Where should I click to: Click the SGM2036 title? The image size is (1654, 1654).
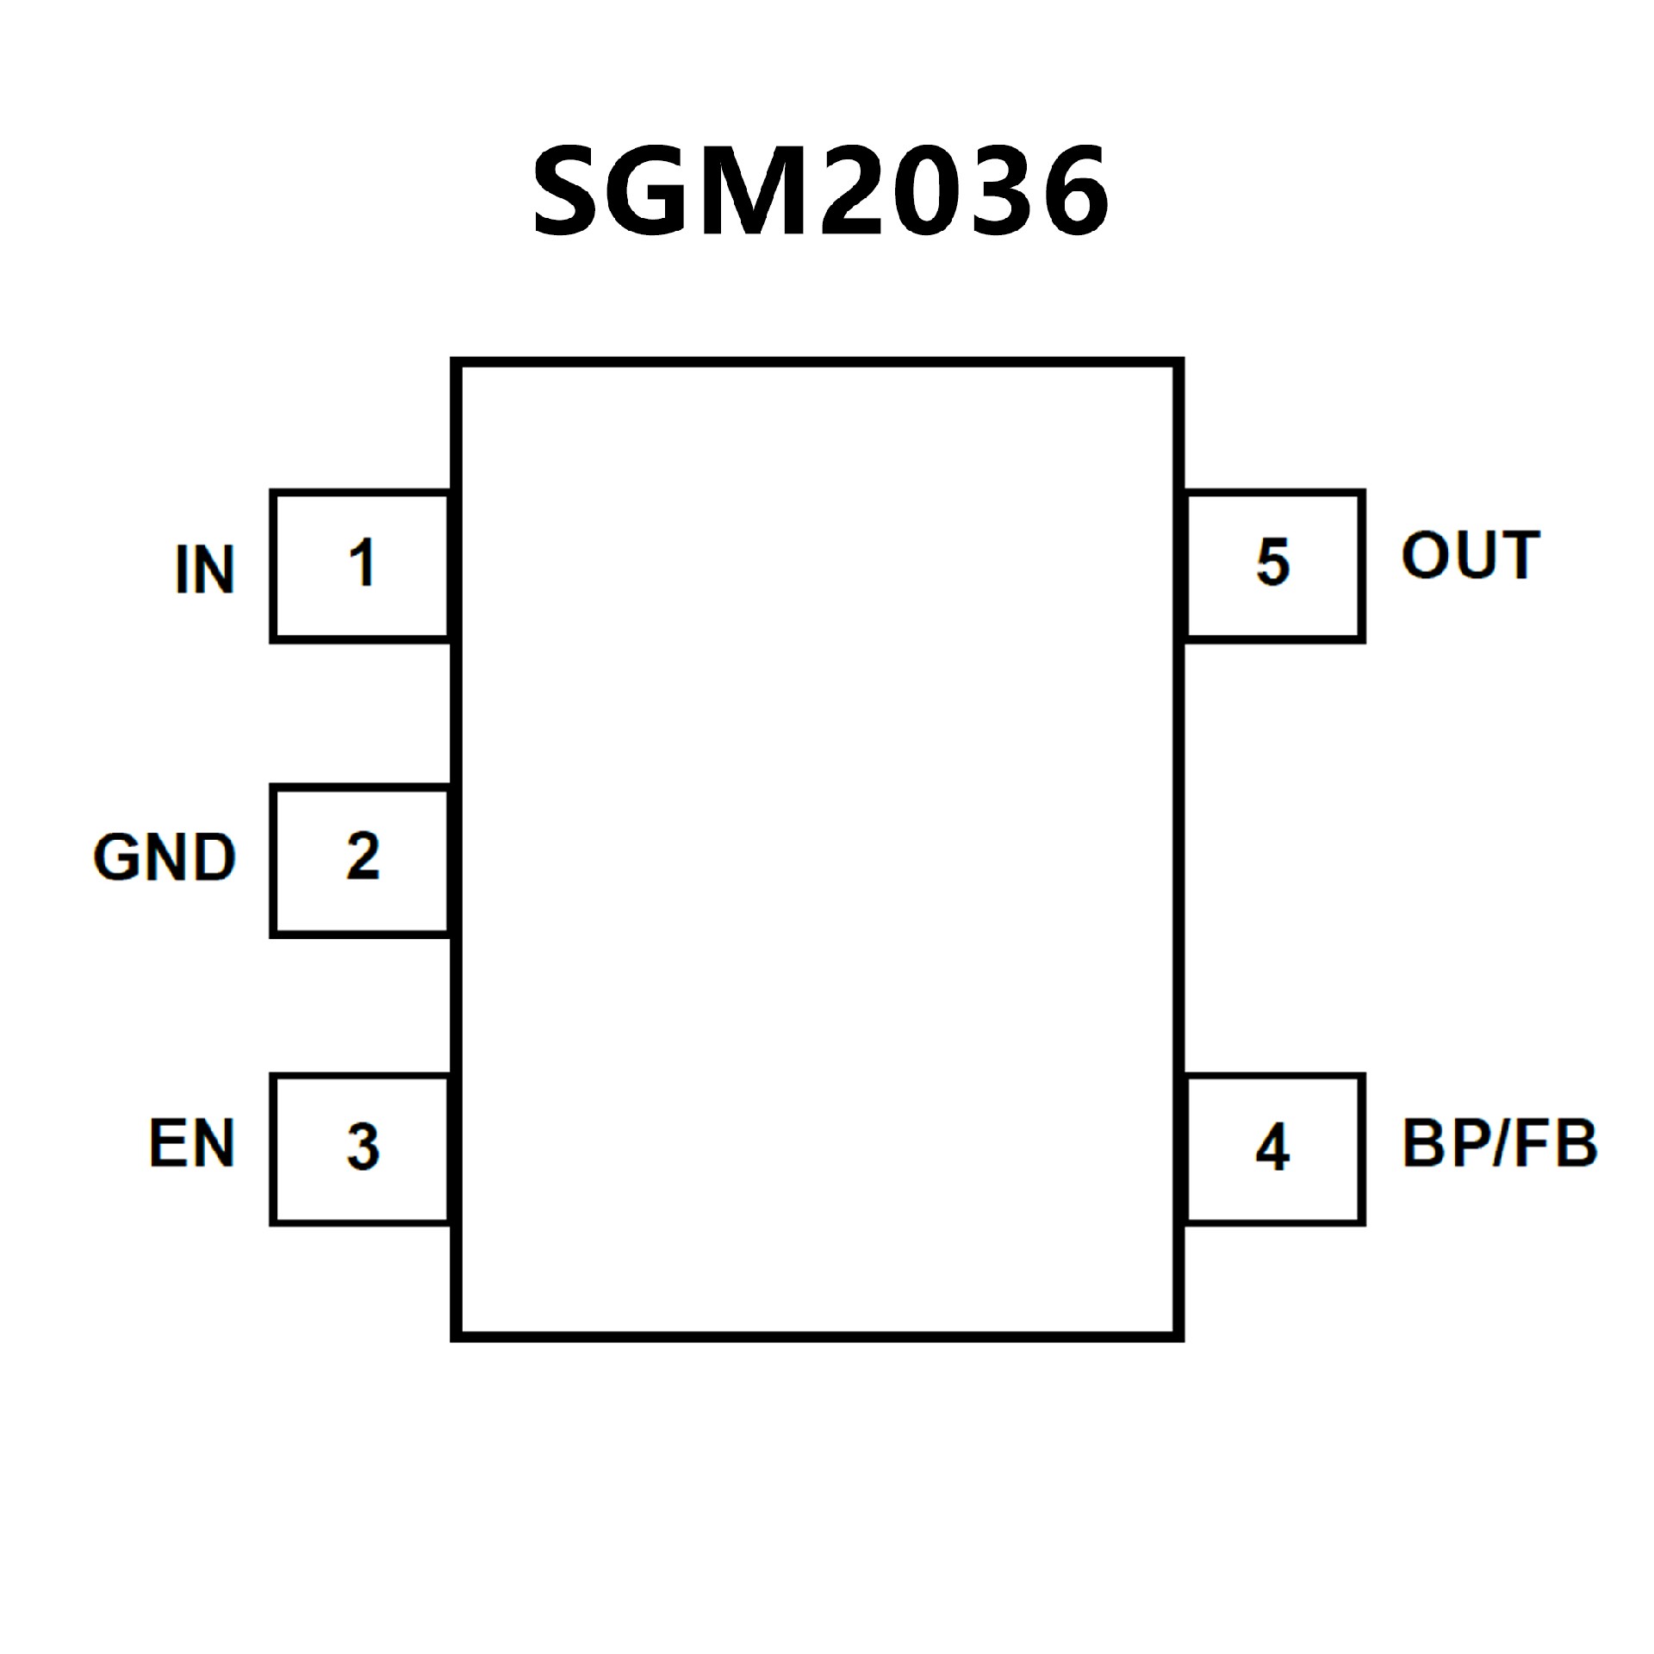coord(820,191)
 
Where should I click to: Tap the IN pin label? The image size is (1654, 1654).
coord(205,569)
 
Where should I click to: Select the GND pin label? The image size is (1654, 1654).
coord(164,857)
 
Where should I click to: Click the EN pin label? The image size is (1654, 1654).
coord(191,1143)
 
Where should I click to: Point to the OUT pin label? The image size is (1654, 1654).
coord(1470,556)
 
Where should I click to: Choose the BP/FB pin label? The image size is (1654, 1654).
coord(1499,1143)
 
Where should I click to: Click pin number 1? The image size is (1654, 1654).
coord(362,563)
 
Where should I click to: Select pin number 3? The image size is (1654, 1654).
coord(363,1147)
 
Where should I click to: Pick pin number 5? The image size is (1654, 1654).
coord(1272,562)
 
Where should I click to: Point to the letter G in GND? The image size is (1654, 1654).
coord(117,857)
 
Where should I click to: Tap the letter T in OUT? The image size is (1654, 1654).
coord(1518,556)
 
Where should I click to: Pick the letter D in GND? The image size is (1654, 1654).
coord(213,857)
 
